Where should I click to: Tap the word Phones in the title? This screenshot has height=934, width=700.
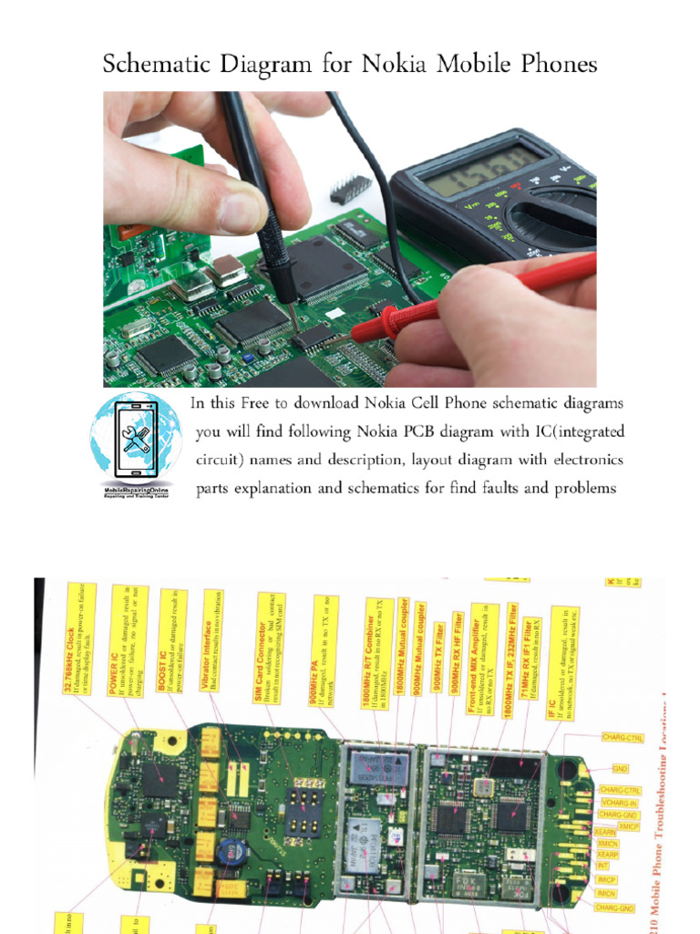click(x=555, y=65)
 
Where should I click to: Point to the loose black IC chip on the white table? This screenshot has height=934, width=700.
click(x=351, y=189)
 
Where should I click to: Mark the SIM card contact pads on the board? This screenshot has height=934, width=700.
click(x=304, y=812)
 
